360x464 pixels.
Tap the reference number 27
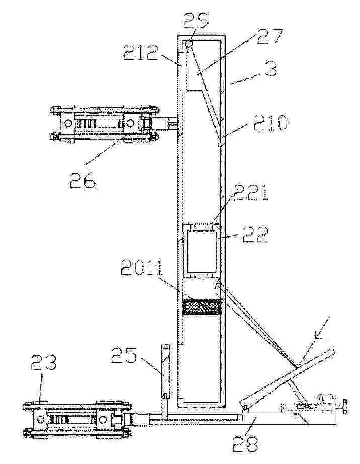point(268,37)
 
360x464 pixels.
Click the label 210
point(269,123)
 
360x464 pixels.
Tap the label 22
point(255,234)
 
